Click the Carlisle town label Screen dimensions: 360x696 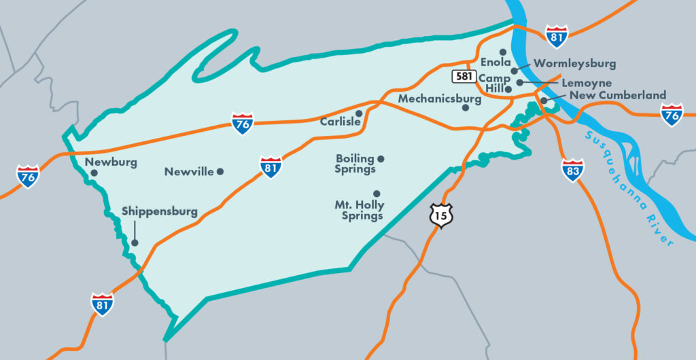click(340, 122)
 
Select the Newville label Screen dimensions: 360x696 click(189, 172)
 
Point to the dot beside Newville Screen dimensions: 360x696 click(220, 172)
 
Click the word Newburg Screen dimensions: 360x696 click(111, 162)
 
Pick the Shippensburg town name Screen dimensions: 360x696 click(160, 211)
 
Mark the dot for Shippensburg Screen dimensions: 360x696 click(135, 242)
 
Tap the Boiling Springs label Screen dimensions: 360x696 click(355, 164)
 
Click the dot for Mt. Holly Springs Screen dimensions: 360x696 click(377, 193)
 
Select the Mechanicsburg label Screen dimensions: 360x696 click(439, 98)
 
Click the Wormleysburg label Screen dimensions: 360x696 click(574, 63)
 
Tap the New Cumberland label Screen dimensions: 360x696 click(617, 95)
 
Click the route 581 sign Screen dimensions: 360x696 click(464, 76)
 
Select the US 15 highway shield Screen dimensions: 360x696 click(440, 216)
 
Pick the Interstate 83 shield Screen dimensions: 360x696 click(572, 170)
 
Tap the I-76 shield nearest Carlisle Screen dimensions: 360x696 click(242, 124)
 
